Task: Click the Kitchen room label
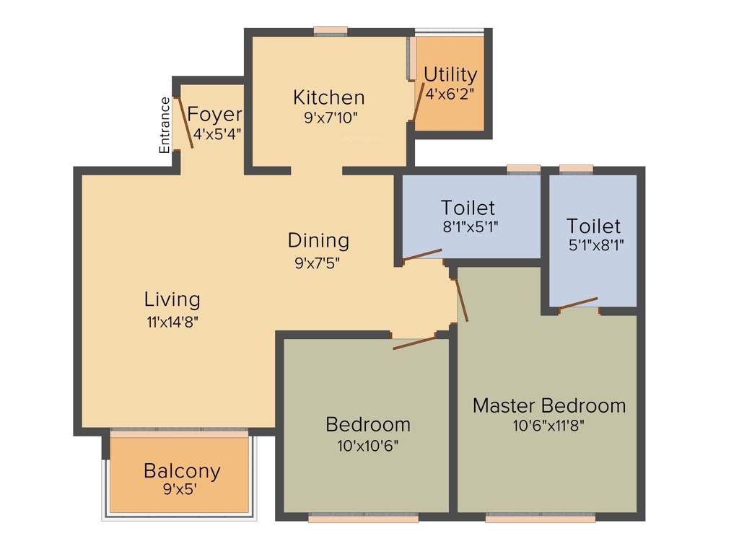[x=328, y=97]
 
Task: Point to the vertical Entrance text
[x=165, y=125]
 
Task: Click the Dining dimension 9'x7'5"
[x=318, y=263]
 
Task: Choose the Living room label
[x=172, y=299]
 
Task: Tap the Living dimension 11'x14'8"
[x=172, y=322]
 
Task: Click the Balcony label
[x=182, y=471]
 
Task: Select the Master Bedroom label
[x=548, y=405]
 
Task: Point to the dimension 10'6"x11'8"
[x=548, y=425]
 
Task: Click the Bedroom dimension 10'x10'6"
[x=367, y=445]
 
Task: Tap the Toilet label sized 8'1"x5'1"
[x=468, y=208]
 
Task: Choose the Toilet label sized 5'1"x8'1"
[x=593, y=226]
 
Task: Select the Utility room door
[x=417, y=100]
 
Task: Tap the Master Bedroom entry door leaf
[x=461, y=299]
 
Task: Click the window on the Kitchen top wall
[x=331, y=31]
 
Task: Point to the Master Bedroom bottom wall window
[x=541, y=517]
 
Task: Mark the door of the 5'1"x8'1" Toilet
[x=578, y=303]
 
